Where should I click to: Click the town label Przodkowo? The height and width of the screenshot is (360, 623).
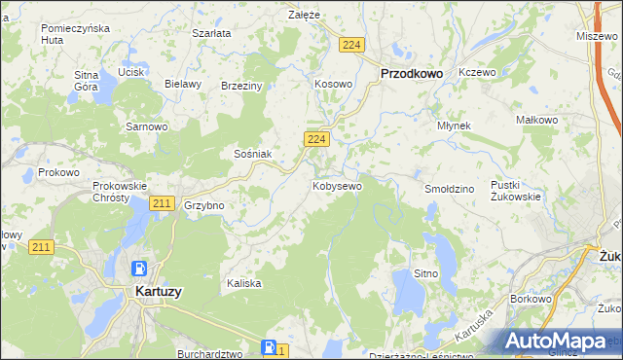411,73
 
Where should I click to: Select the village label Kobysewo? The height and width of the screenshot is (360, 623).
337,185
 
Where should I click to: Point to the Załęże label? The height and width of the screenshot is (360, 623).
305,15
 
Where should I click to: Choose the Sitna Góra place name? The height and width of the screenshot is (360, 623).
87,80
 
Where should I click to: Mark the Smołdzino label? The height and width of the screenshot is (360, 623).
449,188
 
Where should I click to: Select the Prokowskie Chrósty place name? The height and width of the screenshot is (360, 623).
119,192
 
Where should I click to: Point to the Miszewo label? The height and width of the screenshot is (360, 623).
597,35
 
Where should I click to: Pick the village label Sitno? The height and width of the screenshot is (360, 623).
425,274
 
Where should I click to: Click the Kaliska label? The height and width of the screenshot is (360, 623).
244,283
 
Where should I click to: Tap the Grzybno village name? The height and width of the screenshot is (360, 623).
204,206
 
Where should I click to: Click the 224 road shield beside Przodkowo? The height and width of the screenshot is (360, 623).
352,45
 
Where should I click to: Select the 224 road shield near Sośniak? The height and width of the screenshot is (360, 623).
314,140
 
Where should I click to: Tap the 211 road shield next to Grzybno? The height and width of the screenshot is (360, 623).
163,203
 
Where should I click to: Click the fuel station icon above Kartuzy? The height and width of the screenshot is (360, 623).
140,268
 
